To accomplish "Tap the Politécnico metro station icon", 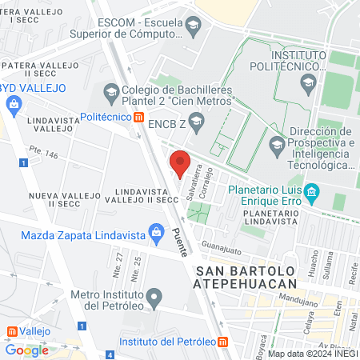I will (139, 118).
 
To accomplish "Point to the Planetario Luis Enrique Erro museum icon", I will (312, 191).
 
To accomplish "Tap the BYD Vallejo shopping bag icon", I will (14, 103).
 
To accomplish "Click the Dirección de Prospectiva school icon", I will (277, 144).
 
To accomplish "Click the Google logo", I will (26, 350).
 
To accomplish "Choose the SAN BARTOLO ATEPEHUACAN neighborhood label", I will (246, 278).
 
